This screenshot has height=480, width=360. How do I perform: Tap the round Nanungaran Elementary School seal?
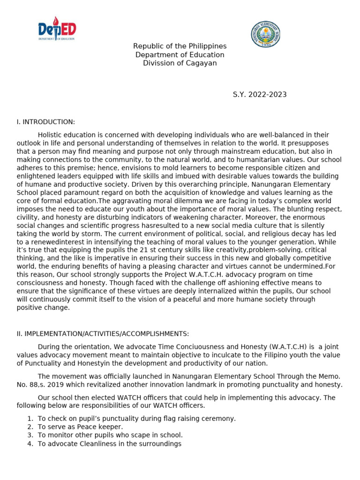[265, 34]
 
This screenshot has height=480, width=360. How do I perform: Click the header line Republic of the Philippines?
[180, 46]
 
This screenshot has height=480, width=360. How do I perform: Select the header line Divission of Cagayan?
[180, 63]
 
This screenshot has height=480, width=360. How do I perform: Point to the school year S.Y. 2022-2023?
[260, 95]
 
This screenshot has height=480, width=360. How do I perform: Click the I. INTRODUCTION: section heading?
[45, 122]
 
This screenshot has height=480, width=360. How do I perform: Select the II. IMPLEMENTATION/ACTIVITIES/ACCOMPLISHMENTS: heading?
[103, 334]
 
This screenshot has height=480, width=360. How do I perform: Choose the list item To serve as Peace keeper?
[80, 427]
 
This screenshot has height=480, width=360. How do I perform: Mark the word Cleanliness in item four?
[97, 443]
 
